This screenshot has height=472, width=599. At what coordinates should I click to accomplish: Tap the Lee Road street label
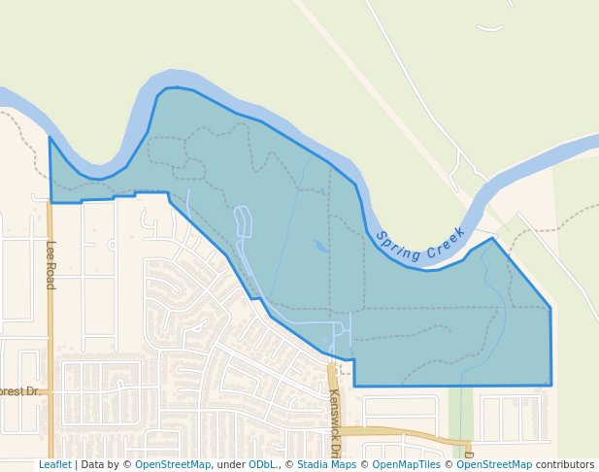click(x=50, y=264)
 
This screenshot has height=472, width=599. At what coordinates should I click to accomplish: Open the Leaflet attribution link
click(x=54, y=465)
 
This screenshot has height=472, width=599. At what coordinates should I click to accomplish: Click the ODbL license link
click(x=262, y=465)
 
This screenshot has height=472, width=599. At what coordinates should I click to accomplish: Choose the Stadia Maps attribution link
click(x=326, y=465)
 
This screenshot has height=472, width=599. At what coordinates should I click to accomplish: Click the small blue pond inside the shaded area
click(x=320, y=247)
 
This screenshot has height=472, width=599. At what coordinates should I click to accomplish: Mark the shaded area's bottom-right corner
click(x=550, y=385)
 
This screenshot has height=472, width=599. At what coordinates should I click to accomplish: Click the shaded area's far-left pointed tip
click(x=50, y=138)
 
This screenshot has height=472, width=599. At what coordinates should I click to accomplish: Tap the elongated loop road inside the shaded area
click(x=243, y=221)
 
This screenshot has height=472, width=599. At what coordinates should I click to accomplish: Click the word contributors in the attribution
click(x=565, y=465)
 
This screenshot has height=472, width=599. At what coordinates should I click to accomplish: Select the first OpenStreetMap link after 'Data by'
click(x=173, y=465)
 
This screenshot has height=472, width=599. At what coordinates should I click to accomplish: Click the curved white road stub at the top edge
click(x=490, y=28)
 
